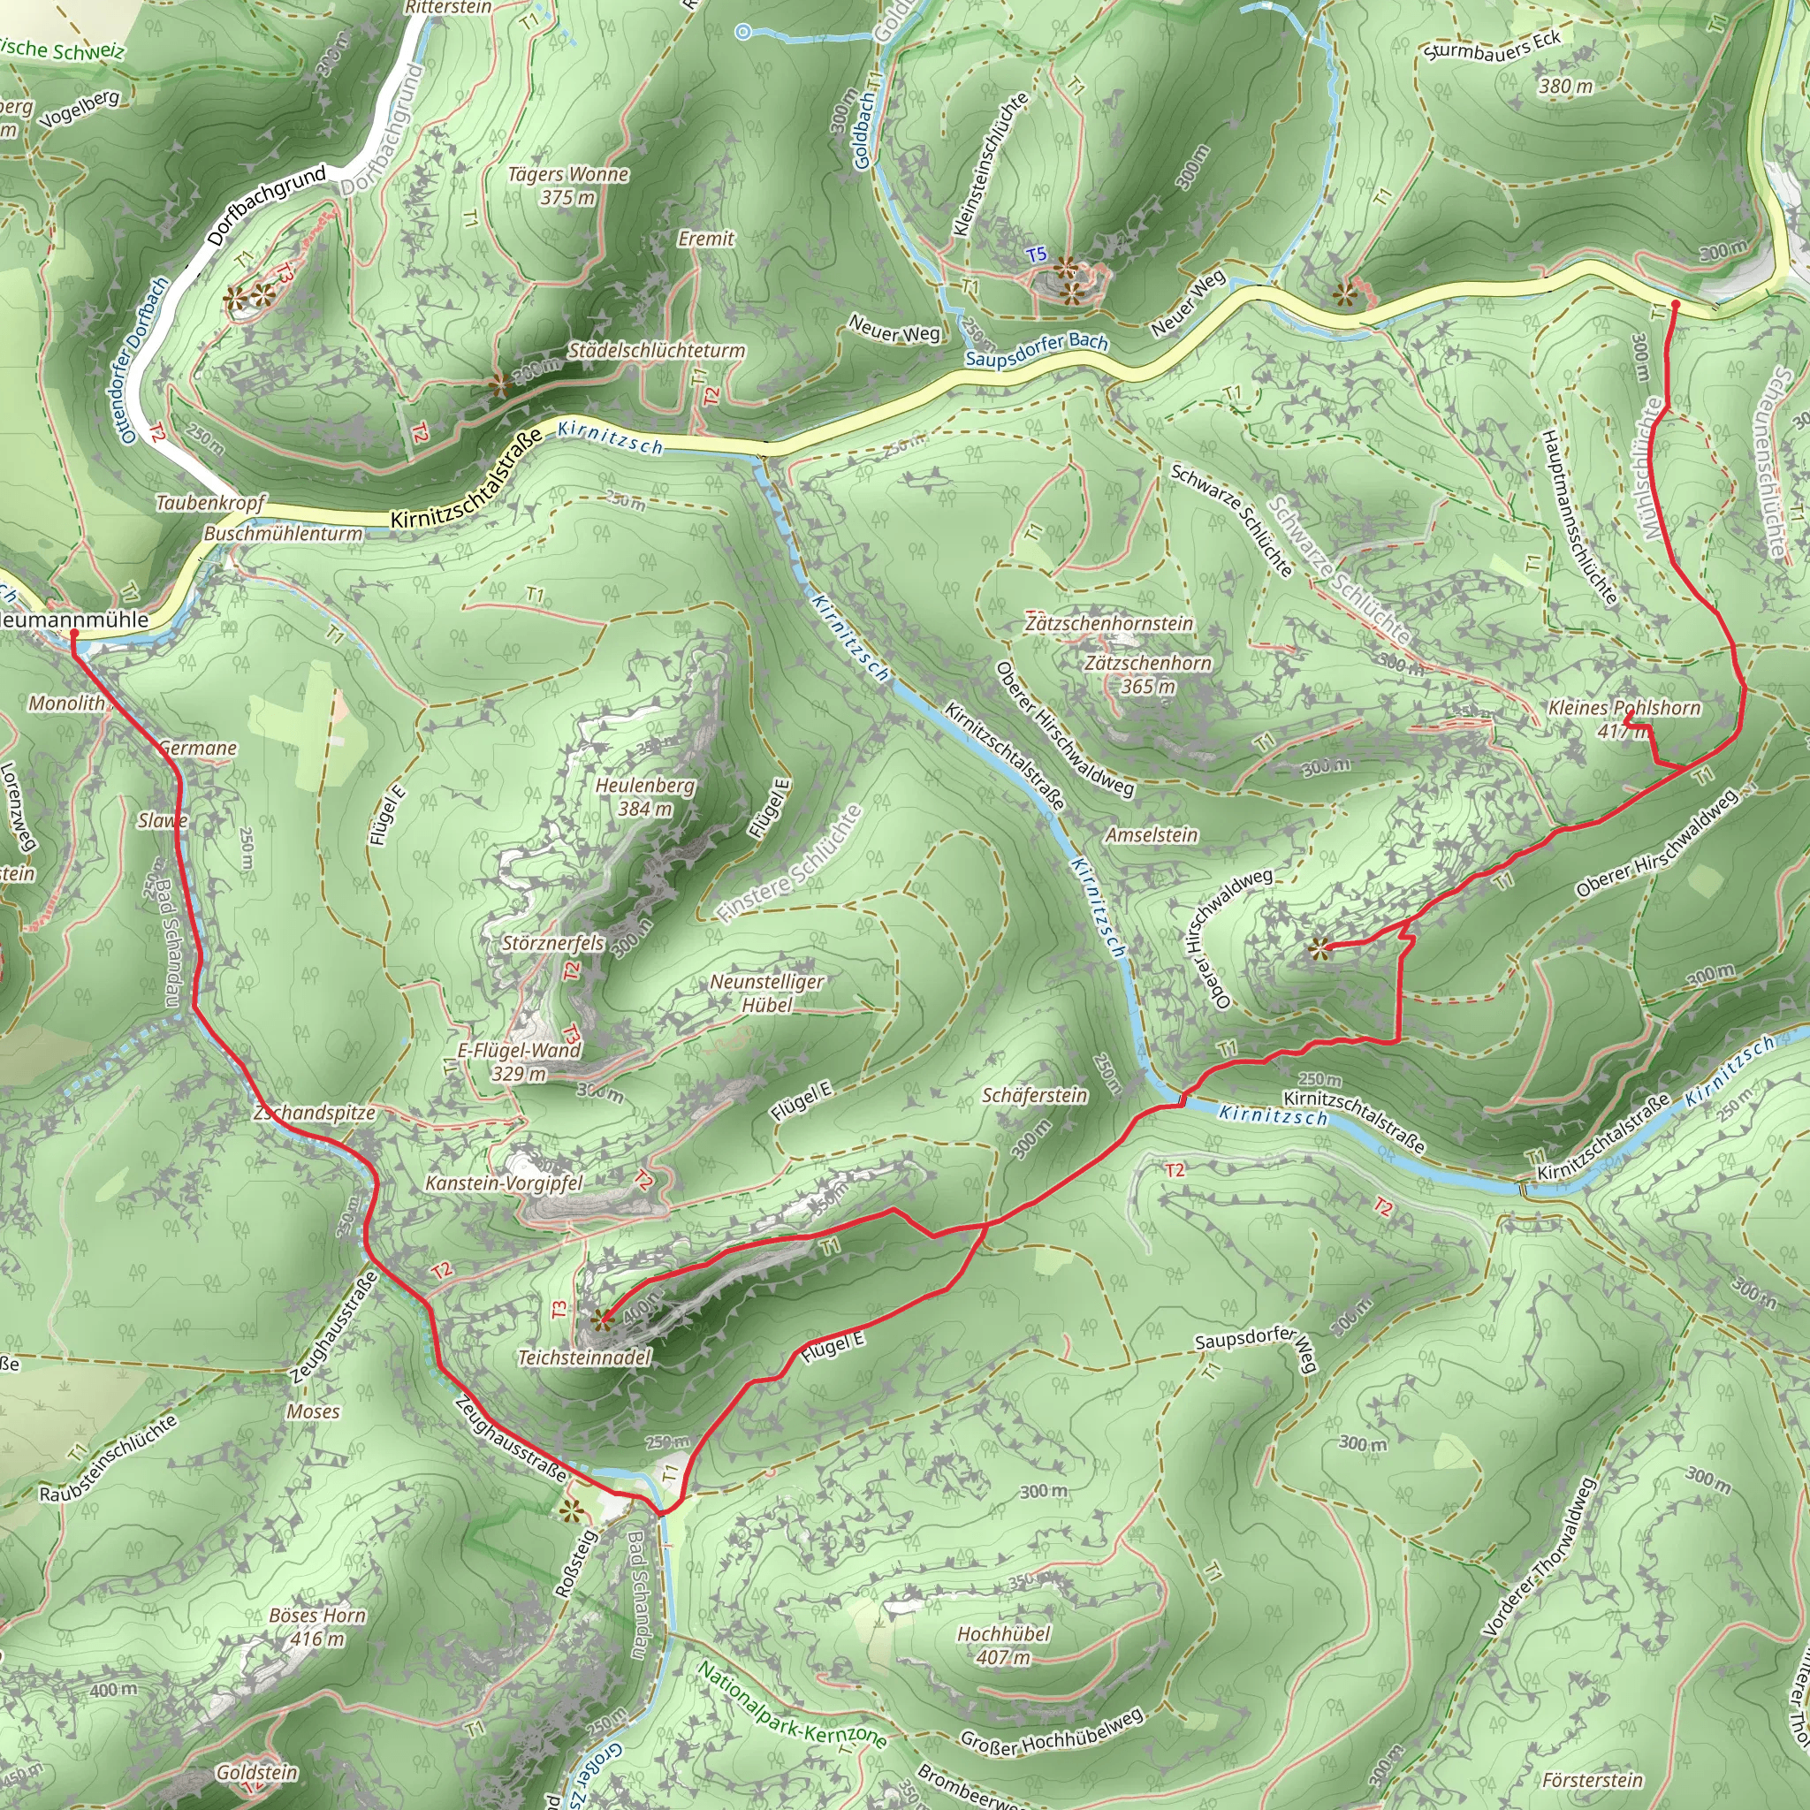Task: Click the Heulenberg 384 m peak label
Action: click(645, 796)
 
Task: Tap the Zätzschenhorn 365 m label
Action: click(1148, 674)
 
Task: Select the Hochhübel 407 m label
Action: click(1003, 1645)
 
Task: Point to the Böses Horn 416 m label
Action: click(317, 1626)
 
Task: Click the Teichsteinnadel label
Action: click(583, 1357)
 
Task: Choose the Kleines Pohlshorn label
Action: click(1624, 708)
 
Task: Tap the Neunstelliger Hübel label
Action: click(767, 993)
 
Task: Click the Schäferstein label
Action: click(1034, 1095)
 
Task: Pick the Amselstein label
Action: click(1152, 834)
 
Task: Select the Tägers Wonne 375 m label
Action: click(567, 186)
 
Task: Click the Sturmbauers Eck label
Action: click(1492, 46)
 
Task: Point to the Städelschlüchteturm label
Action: click(657, 350)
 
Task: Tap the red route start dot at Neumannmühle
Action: click(74, 634)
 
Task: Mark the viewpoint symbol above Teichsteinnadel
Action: click(600, 1321)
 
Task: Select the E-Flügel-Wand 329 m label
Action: click(519, 1061)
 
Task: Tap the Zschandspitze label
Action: click(315, 1113)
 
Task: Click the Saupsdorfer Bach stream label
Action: click(1036, 350)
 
